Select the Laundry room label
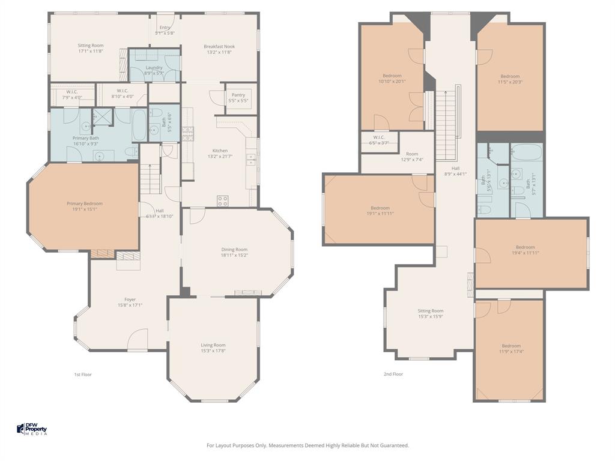tap(154, 68)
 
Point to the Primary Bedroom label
tap(84, 203)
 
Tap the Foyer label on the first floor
tap(130, 300)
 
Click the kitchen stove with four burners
tap(222, 200)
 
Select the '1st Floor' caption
tap(82, 374)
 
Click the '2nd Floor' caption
tap(393, 374)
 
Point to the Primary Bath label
tap(85, 138)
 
